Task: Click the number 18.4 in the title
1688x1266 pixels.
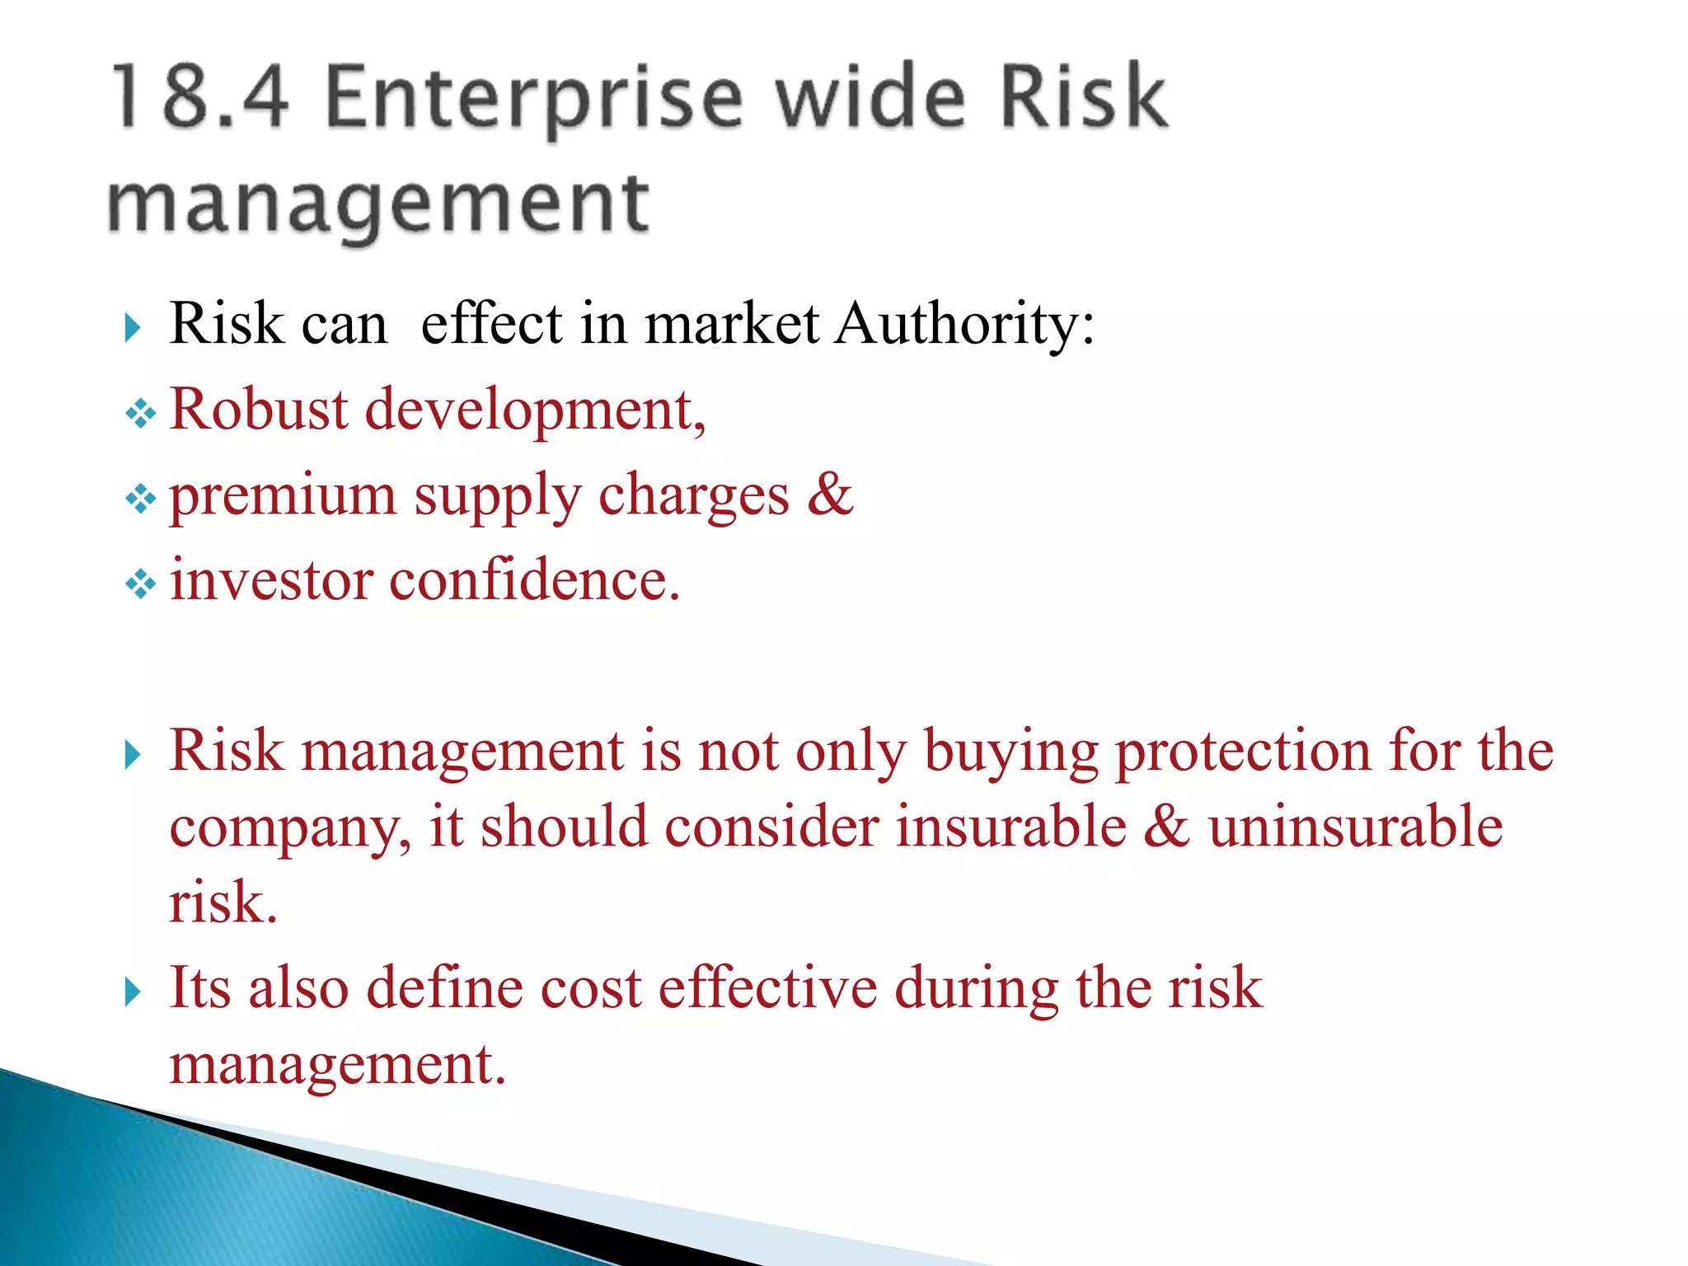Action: [x=200, y=97]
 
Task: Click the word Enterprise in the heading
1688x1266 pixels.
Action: [x=534, y=99]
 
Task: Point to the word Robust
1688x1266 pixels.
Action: [x=259, y=409]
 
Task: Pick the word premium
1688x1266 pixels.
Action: [x=283, y=496]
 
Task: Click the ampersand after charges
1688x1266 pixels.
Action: [x=830, y=494]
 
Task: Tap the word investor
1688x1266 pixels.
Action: [x=271, y=580]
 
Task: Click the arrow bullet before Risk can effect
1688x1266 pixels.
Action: [x=133, y=328]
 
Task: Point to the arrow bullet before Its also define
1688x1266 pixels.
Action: [x=133, y=992]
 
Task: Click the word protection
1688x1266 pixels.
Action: [x=1242, y=752]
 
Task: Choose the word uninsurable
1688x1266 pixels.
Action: [x=1356, y=828]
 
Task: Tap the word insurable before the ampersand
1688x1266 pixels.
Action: [x=1010, y=828]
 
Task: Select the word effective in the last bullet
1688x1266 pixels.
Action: [x=767, y=987]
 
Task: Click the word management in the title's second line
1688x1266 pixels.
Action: [x=378, y=204]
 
